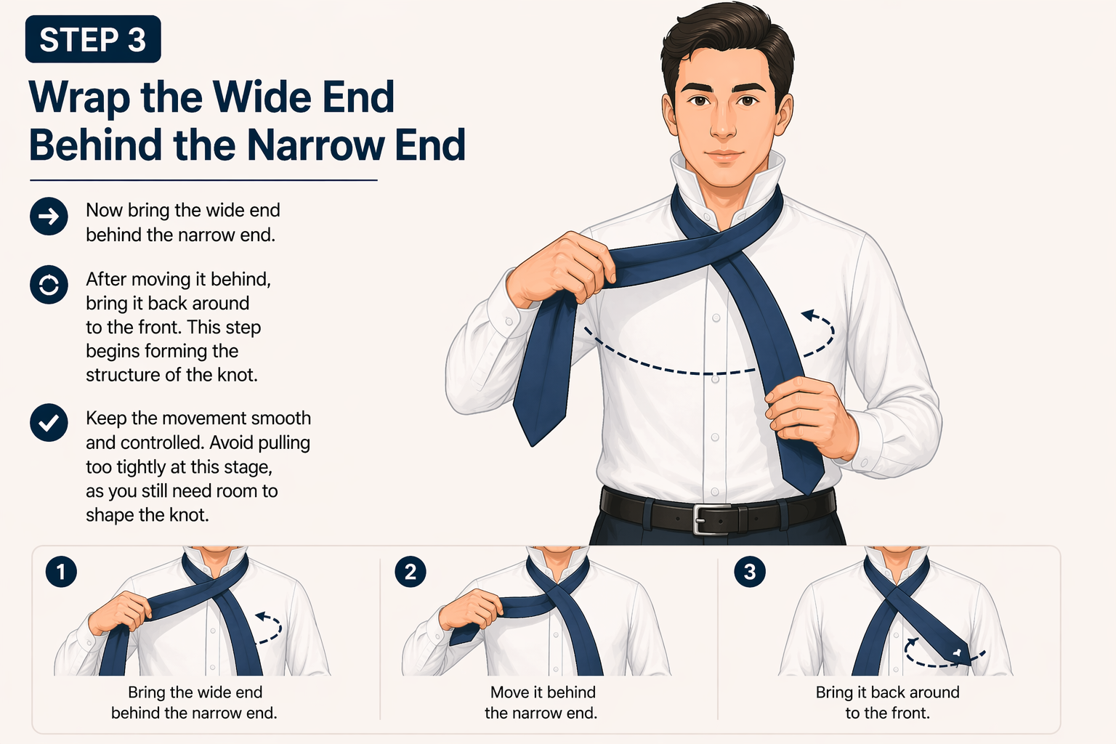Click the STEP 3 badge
pos(93,39)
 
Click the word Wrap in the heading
pos(80,98)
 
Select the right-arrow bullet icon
pos(49,217)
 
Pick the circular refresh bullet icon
pos(49,285)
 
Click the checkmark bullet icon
pos(49,423)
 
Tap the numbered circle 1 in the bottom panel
pos(61,572)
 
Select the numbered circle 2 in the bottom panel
pos(410,572)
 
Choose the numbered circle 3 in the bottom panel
pos(749,572)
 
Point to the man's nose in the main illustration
pos(723,124)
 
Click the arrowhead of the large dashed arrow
pos(807,315)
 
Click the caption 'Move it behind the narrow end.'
pos(541,703)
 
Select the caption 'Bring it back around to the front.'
pos(887,703)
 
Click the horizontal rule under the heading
pos(203,180)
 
